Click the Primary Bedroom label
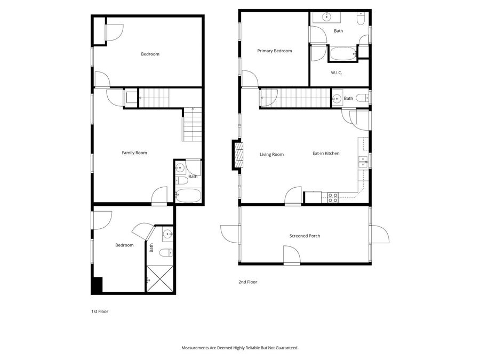274,51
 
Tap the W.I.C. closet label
336,73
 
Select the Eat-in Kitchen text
326,154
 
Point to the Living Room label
271,155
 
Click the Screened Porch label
305,236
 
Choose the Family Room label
134,153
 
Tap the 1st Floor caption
99,311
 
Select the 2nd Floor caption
247,282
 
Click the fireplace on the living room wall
236,155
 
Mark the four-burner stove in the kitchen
332,197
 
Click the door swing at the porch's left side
229,233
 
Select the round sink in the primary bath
326,18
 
